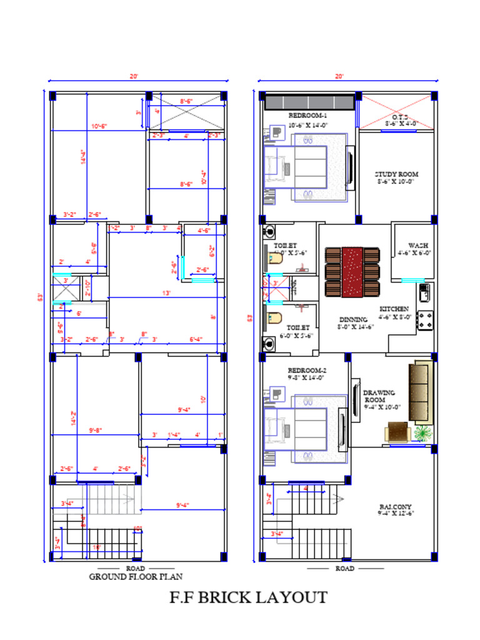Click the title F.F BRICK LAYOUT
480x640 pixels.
click(x=248, y=597)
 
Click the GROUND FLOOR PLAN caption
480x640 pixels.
click(x=136, y=577)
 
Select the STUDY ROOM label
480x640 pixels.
click(x=396, y=174)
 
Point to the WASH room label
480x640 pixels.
click(x=417, y=246)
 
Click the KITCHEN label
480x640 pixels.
click(x=394, y=309)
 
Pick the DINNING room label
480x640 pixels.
click(x=353, y=319)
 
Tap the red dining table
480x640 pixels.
click(x=352, y=272)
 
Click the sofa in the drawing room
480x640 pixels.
click(x=421, y=383)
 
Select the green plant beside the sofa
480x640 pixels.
click(x=423, y=432)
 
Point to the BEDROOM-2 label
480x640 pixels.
click(x=307, y=369)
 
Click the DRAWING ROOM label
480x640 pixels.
click(x=375, y=396)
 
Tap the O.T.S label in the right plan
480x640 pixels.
click(x=400, y=117)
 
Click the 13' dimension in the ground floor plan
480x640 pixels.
click(x=166, y=293)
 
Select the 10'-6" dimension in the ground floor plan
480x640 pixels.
click(x=99, y=126)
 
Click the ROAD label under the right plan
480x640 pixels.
click(x=345, y=569)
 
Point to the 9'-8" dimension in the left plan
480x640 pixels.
click(x=95, y=430)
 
